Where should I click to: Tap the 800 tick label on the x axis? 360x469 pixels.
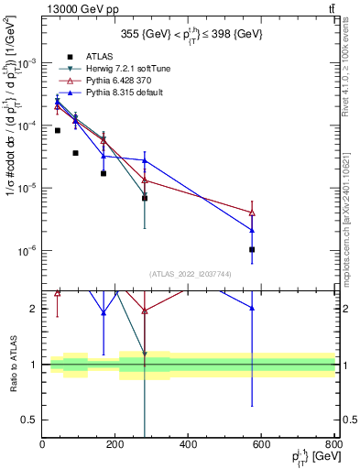coord(335,444)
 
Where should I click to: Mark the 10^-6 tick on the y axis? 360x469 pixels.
coord(29,250)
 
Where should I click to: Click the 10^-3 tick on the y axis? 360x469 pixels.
coord(29,63)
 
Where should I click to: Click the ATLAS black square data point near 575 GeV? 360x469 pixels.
coord(252,249)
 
